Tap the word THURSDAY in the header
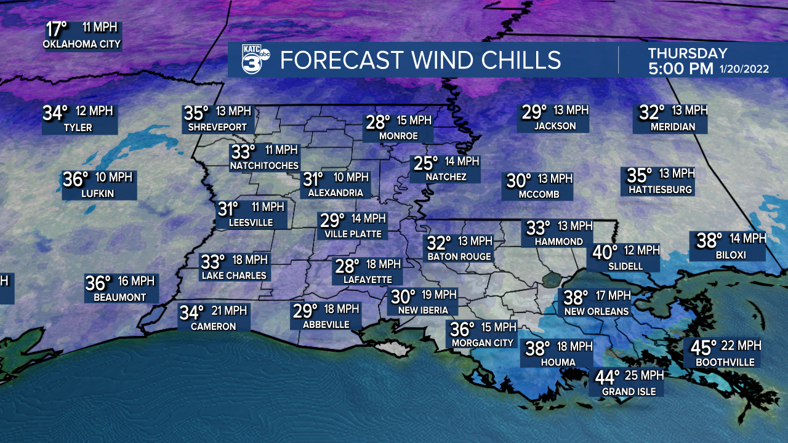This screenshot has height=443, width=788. pyautogui.click(x=688, y=54)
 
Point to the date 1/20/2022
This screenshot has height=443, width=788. pyautogui.click(x=744, y=69)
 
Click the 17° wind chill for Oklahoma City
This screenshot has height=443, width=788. pyautogui.click(x=57, y=29)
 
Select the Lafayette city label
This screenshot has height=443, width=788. pyautogui.click(x=362, y=279)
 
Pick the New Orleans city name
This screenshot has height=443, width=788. pyautogui.click(x=597, y=311)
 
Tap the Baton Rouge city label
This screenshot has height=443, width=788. pyautogui.click(x=459, y=257)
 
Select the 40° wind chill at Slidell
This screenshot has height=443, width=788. pyautogui.click(x=605, y=252)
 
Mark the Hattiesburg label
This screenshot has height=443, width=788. pyautogui.click(x=660, y=190)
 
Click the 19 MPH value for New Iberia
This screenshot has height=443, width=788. pyautogui.click(x=439, y=295)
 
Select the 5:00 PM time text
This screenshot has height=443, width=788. pyautogui.click(x=680, y=68)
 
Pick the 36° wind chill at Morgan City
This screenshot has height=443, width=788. pyautogui.click(x=463, y=329)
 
